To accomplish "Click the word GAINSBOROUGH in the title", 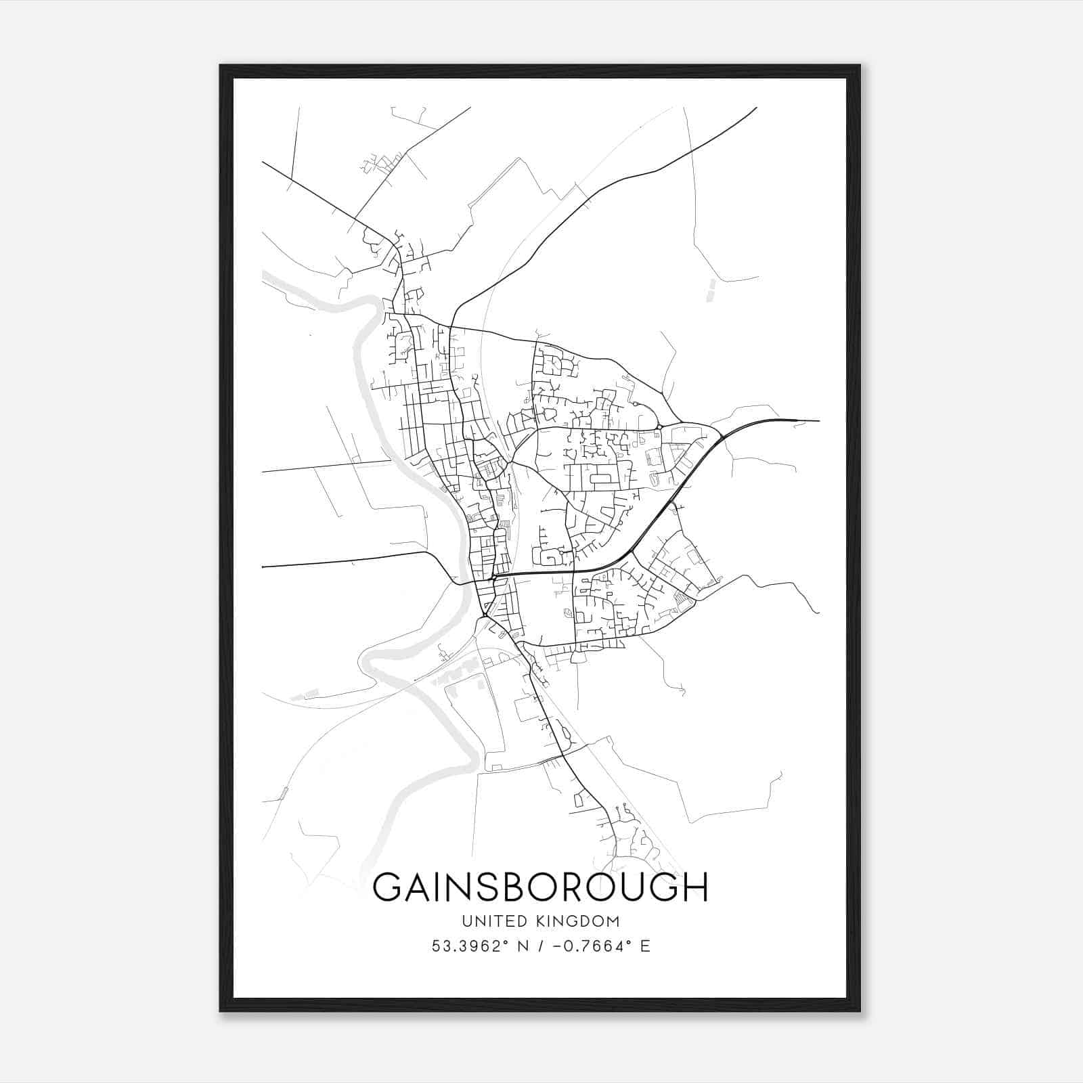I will (540, 887).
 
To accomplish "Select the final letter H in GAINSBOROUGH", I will (694, 887).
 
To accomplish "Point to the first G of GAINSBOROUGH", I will (387, 887).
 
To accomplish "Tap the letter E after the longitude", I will (644, 946).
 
